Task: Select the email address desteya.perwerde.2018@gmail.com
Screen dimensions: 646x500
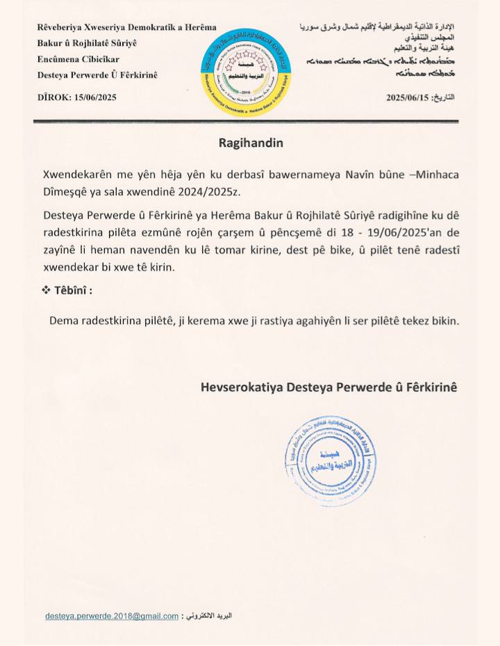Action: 112,616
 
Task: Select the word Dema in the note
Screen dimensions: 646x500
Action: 64,321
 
